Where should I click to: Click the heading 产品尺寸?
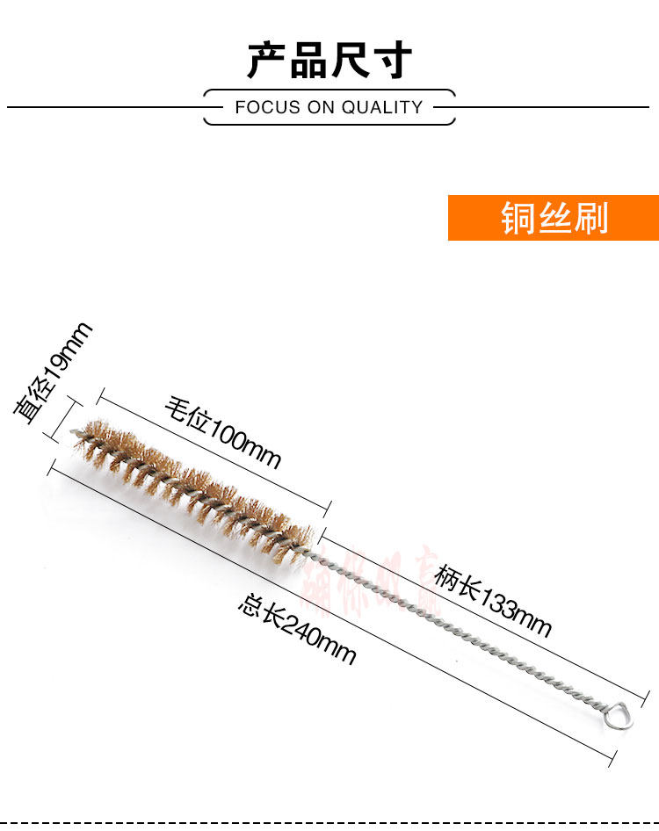329,60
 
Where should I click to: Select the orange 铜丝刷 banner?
554,218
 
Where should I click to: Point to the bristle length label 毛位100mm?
223,433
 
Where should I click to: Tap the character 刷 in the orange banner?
590,218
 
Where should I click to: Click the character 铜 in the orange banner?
518,218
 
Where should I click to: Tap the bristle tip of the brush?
79,430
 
